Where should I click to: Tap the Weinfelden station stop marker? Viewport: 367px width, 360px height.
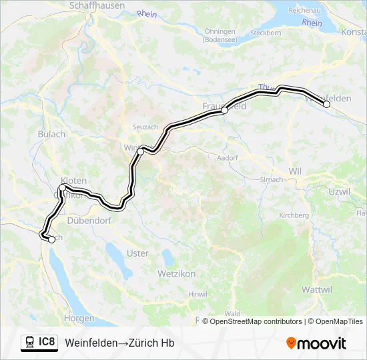(x=326, y=104)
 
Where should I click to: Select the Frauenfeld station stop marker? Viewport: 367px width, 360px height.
(x=225, y=111)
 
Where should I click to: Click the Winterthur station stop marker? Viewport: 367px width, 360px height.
(x=140, y=152)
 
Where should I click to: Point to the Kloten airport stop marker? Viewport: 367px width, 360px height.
(x=62, y=189)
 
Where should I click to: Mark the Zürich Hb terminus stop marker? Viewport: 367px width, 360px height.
(x=52, y=240)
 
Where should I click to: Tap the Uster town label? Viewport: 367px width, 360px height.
(x=137, y=253)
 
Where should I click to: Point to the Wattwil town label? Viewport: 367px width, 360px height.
(x=317, y=289)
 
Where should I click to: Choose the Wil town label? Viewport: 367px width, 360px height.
(x=295, y=171)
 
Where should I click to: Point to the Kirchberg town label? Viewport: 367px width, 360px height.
(x=294, y=215)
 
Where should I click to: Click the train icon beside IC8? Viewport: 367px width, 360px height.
(x=29, y=343)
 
